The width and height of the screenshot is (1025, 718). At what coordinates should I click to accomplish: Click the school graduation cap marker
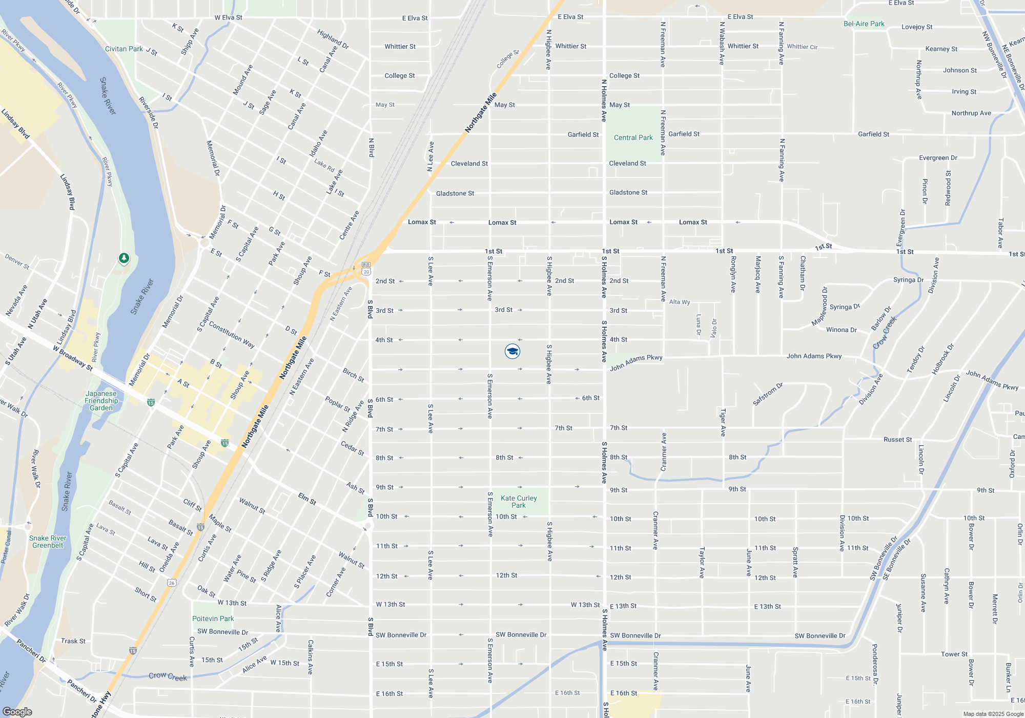coord(512,351)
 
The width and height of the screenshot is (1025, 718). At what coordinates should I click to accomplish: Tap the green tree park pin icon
coord(124,258)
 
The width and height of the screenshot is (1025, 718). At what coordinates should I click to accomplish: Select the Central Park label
coord(633,137)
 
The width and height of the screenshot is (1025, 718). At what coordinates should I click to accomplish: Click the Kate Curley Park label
coord(519,502)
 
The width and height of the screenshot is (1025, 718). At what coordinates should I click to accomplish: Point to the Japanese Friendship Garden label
coord(101,401)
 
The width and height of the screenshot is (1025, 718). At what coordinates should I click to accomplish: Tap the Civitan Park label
coord(124,49)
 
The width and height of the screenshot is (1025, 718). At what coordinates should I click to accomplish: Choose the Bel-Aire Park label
coord(864,24)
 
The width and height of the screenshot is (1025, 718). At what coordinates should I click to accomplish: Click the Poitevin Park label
coord(213,619)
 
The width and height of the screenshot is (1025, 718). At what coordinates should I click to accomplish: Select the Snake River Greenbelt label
coord(48,542)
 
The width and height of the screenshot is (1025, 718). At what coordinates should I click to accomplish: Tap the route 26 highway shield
coord(172,583)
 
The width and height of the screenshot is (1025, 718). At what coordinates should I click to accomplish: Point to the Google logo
coord(17,712)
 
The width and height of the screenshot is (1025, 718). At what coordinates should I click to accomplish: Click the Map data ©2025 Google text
coord(993,714)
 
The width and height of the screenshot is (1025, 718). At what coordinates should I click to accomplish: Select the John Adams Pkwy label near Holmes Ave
coord(636,362)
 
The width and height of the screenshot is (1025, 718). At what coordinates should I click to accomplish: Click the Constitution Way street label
coord(231,335)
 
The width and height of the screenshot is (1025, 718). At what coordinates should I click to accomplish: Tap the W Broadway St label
coord(73,358)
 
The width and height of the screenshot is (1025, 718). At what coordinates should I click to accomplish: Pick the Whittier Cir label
coord(802,47)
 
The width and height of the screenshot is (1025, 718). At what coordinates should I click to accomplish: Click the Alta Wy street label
coord(680,302)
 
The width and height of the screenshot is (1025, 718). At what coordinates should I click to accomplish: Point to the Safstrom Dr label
coord(768,394)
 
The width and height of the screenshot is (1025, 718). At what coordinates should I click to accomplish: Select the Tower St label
coord(954,654)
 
